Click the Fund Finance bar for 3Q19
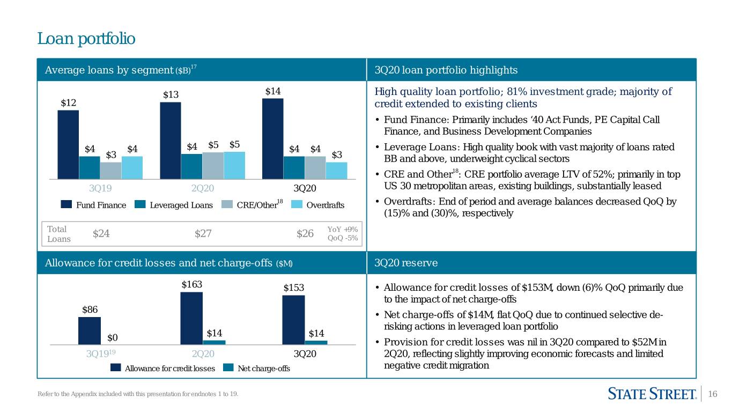[68, 144]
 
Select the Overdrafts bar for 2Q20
[234, 165]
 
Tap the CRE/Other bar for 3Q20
[315, 168]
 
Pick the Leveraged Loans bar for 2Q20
[191, 166]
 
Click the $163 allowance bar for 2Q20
[191, 318]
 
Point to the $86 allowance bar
[90, 330]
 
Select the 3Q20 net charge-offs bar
[316, 342]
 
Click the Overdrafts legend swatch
[297, 204]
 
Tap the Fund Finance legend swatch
[66, 204]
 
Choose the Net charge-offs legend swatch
[228, 367]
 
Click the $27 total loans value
[203, 233]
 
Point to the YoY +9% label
[343, 229]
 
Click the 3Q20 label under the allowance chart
[305, 354]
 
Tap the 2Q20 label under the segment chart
[203, 188]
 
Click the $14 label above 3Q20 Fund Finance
[273, 91]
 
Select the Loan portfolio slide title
[86, 39]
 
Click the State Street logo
[652, 394]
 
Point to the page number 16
[712, 394]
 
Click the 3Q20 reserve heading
[406, 263]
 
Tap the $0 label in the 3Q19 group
[113, 337]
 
